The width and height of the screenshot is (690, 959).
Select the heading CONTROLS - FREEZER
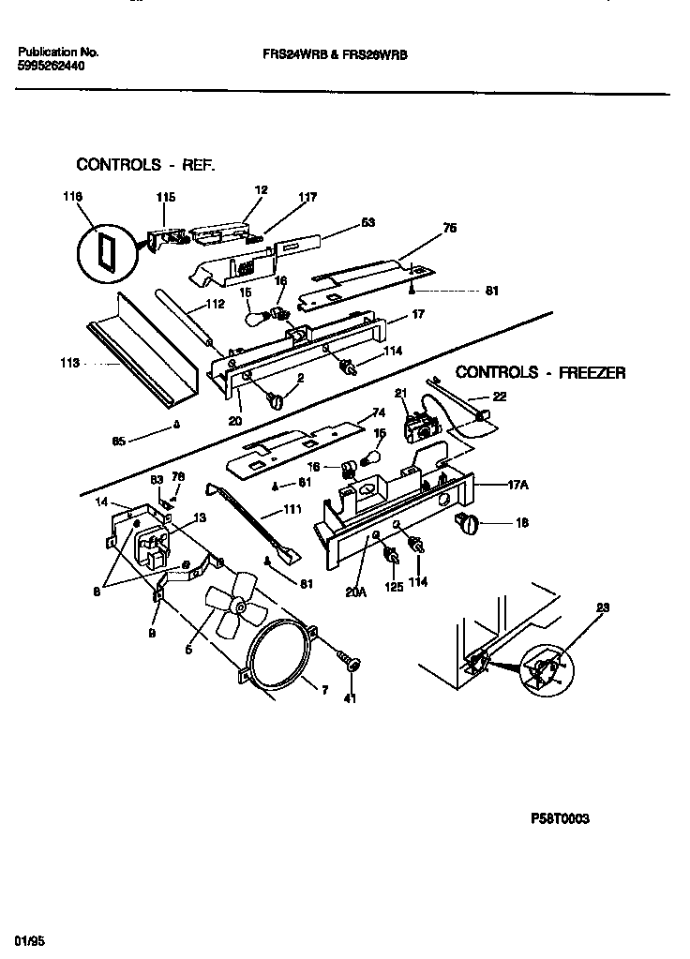tap(540, 372)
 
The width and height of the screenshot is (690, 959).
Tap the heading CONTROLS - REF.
tap(145, 165)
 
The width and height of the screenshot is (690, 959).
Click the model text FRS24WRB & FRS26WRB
tap(335, 54)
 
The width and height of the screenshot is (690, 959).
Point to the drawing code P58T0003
tap(561, 818)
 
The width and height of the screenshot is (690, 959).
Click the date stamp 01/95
tap(30, 939)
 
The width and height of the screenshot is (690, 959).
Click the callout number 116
tap(73, 196)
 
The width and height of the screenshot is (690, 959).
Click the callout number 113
tap(67, 361)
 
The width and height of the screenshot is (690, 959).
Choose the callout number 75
tap(450, 227)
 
